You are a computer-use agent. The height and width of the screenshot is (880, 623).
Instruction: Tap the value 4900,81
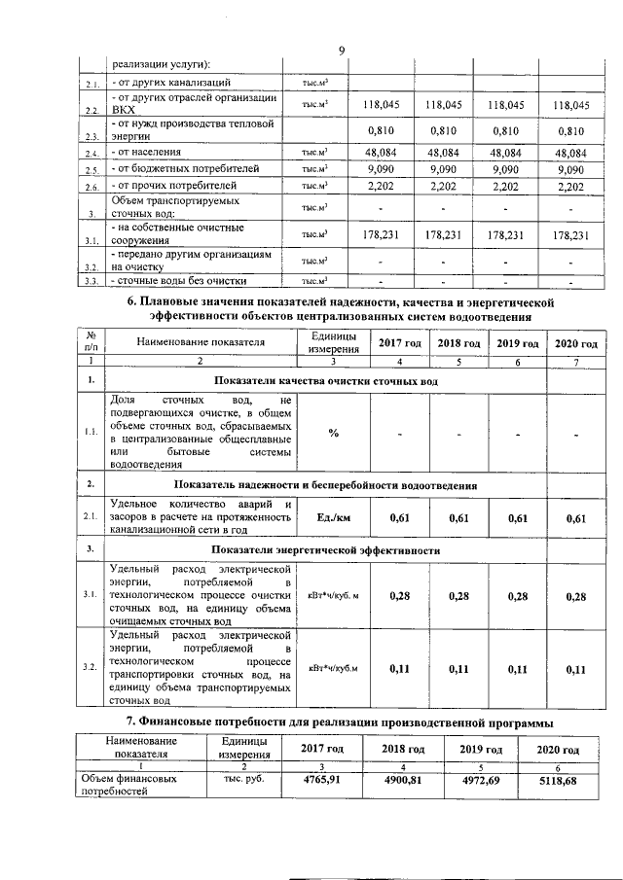pos(401,780)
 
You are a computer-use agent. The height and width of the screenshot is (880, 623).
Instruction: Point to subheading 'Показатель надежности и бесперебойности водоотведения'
pos(326,484)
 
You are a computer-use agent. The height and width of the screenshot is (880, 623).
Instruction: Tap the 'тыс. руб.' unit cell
pos(238,780)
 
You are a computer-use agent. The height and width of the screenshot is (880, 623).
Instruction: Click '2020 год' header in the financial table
pos(557,750)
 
